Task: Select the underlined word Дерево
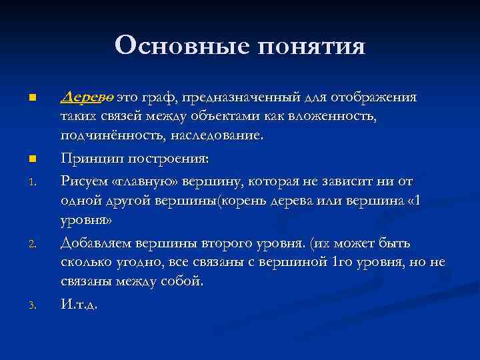coord(87,97)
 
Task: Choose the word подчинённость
coord(107,137)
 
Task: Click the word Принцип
coord(89,159)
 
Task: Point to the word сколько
coord(85,261)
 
